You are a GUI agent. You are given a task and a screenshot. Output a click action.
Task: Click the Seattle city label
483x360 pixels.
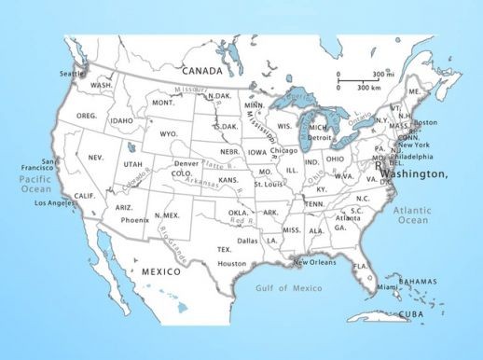72,73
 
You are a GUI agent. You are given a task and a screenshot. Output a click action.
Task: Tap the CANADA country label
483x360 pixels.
202,70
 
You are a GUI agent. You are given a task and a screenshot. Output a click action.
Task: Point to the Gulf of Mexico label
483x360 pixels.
288,287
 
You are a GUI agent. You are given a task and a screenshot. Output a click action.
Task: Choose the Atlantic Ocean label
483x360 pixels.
411,215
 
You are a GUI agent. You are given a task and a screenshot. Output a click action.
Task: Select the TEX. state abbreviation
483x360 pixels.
225,249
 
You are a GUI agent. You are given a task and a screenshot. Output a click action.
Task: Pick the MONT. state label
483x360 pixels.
164,103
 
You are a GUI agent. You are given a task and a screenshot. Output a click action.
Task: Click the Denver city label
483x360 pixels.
186,163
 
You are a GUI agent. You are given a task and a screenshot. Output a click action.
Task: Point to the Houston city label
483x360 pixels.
232,263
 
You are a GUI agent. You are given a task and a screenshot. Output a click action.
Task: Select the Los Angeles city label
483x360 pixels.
54,202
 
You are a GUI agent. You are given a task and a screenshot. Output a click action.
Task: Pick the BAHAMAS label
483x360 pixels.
418,282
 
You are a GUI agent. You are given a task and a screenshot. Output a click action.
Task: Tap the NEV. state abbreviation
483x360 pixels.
96,158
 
